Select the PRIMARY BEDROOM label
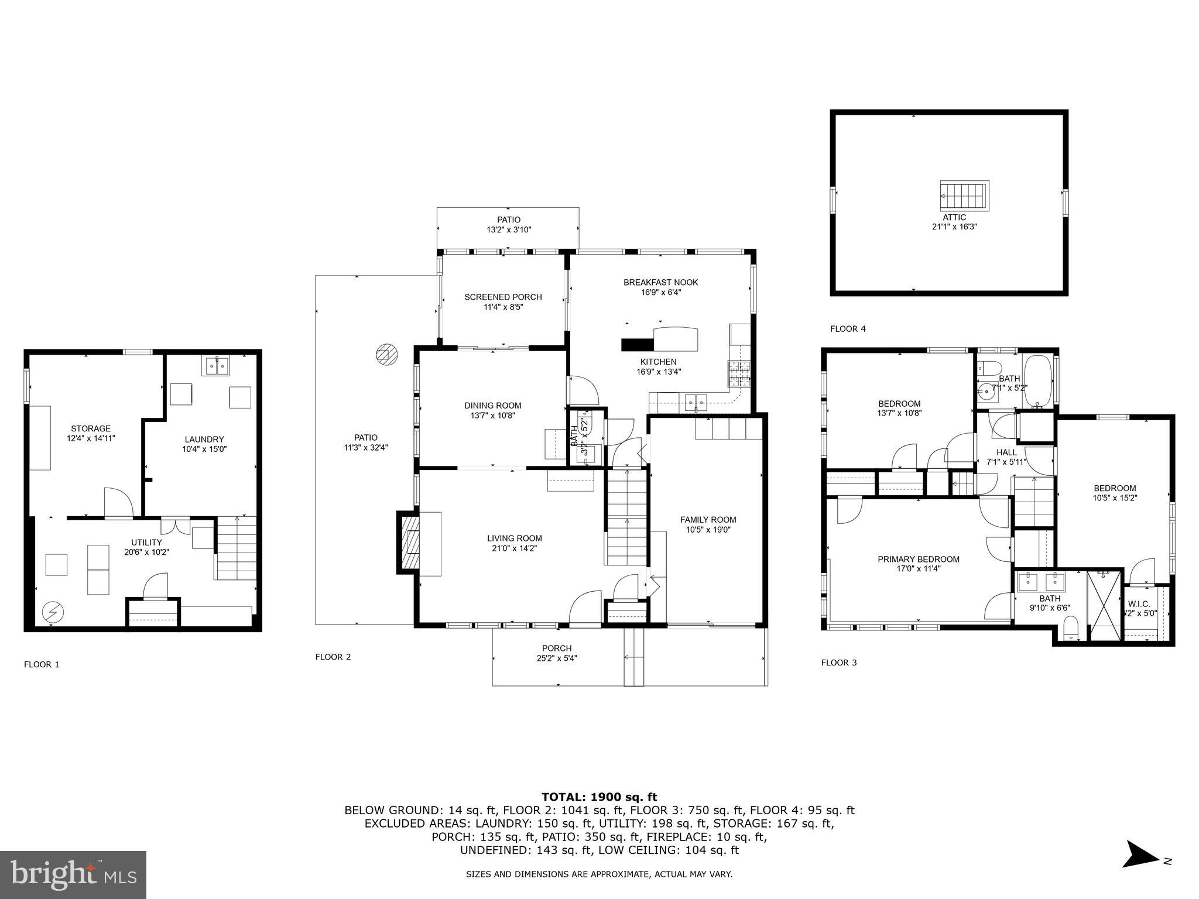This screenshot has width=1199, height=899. click(918, 559)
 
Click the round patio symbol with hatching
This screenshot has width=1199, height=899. click(387, 355)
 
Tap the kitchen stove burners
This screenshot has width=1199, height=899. click(739, 373)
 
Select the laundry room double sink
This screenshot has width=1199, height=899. click(217, 365)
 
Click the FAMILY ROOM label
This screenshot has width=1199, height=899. click(708, 519)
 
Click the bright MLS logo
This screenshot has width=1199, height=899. click(73, 874)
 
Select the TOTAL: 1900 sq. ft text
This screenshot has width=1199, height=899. click(599, 797)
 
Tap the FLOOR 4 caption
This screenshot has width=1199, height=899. click(848, 329)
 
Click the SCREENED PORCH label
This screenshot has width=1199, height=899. click(503, 297)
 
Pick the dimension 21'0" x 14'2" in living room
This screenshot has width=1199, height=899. click(514, 548)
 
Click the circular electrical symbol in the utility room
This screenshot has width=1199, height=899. click(53, 612)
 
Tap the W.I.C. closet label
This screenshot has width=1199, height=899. click(1139, 603)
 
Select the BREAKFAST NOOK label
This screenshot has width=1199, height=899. click(660, 282)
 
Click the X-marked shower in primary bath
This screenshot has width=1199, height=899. click(1105, 606)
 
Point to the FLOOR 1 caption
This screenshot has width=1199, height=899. click(42, 664)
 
